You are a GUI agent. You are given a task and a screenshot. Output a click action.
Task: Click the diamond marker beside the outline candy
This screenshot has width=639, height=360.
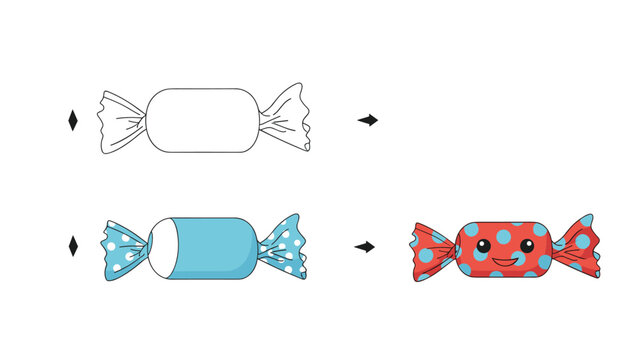coord(72,120)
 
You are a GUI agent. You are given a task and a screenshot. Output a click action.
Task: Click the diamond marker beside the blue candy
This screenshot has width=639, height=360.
coord(72,246)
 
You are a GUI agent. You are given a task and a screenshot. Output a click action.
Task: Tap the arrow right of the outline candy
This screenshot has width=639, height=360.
coord(368,120)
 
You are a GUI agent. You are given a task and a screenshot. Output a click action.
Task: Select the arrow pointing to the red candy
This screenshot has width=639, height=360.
coord(365,246)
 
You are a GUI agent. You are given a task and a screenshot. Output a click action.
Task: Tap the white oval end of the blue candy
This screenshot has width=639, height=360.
coord(161,247)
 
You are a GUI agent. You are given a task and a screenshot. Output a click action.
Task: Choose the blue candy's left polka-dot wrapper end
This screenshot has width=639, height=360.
coord(122,247)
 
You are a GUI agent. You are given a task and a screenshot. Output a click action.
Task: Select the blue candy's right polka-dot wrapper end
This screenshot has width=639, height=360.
coord(283,246)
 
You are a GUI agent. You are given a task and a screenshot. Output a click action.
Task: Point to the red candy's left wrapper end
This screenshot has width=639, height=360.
coord(434,250)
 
